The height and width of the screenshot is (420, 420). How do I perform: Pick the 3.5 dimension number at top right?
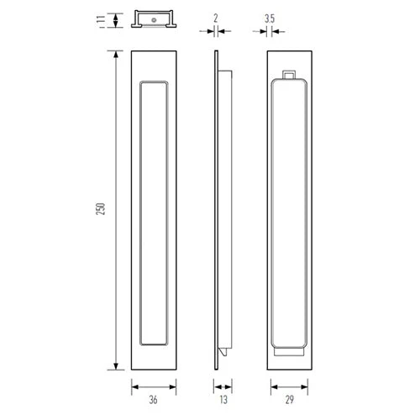coord(270,17)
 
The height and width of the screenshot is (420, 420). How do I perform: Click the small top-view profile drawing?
coord(155,20)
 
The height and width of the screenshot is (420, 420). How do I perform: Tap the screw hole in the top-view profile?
coord(155,17)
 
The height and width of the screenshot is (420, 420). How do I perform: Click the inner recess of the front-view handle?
coord(155,213)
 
